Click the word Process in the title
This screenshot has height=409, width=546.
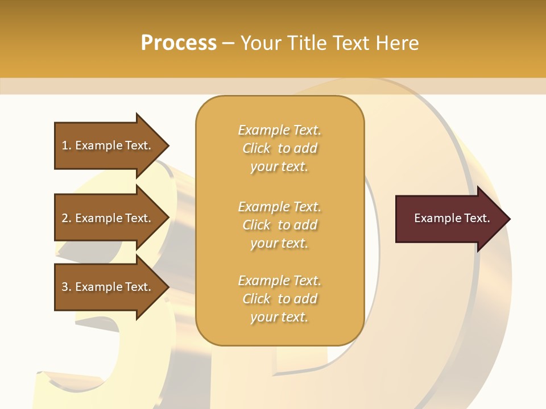tap(179, 43)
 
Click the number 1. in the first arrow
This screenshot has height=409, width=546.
tap(67, 145)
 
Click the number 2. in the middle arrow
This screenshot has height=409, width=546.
tap(67, 218)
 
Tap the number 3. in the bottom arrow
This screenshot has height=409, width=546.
tap(67, 287)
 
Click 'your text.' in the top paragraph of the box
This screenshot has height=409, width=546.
tap(279, 167)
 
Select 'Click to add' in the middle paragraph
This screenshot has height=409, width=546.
tap(279, 225)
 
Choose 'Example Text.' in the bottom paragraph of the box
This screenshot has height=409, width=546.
tap(279, 281)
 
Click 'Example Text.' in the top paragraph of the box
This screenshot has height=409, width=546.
tap(279, 130)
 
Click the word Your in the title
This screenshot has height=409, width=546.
tap(261, 43)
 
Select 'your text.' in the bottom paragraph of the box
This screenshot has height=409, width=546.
tap(279, 318)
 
